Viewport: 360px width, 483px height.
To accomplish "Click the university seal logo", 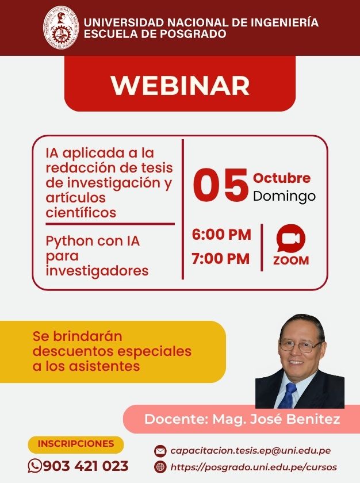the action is click(x=61, y=28).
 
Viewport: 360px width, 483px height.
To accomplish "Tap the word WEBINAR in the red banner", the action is click(x=180, y=85).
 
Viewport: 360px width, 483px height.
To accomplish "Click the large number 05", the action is click(x=221, y=185).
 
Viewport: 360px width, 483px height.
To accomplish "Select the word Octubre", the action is click(x=281, y=178).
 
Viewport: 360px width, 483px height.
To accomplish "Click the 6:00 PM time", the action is click(x=221, y=235).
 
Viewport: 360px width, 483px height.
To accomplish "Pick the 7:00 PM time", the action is click(x=220, y=258).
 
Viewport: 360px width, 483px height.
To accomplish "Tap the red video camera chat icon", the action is click(x=291, y=238).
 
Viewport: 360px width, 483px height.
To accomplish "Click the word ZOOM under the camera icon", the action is click(x=291, y=260).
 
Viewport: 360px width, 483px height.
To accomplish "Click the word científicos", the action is click(x=81, y=212).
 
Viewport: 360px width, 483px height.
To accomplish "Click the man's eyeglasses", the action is click(x=300, y=346).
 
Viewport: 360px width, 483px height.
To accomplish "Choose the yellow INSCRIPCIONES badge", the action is click(x=76, y=444).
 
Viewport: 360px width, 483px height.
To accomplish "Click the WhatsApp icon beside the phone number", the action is click(x=35, y=466).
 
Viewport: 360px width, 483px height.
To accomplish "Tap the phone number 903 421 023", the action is click(x=86, y=466).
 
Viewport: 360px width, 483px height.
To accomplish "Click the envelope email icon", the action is click(x=160, y=451).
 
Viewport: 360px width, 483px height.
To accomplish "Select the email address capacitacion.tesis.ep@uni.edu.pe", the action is click(x=251, y=451).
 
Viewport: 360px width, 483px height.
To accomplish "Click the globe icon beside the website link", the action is click(x=160, y=467).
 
